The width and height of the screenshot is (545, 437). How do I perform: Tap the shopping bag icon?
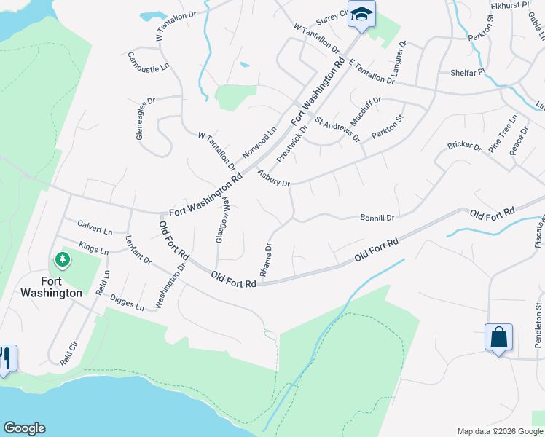498,338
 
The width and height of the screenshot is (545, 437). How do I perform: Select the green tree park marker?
63,259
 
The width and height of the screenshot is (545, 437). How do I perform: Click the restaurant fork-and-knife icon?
4,358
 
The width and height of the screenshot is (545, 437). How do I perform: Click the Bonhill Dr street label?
377,218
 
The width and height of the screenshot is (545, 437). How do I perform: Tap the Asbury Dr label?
274,178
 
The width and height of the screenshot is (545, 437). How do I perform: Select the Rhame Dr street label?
267,259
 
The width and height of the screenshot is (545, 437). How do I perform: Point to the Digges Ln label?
127,302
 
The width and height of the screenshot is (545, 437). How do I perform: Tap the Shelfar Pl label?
467,72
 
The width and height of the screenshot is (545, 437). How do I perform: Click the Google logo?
24,428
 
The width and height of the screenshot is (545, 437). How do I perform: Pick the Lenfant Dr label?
138,249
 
